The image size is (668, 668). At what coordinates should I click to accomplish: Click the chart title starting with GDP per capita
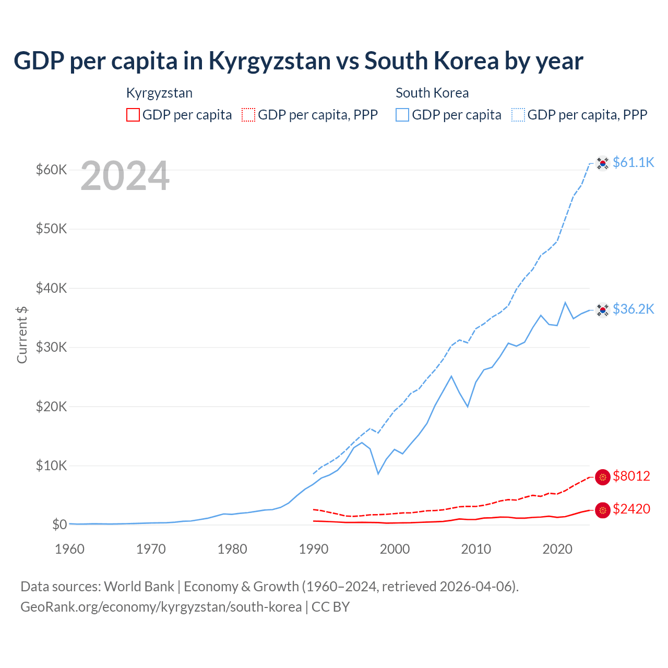coord(298,61)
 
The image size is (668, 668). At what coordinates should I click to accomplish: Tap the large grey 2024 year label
coord(125,176)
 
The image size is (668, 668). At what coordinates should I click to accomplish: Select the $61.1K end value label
coord(633,162)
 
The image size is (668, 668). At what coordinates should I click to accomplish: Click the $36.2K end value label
coord(633,309)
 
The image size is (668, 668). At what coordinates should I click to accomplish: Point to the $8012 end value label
coord(631,476)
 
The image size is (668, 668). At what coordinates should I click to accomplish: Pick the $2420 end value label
coord(631,509)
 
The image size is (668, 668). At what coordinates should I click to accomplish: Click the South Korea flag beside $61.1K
coord(603,163)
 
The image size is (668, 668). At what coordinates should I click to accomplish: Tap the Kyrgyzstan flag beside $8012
coord(603,477)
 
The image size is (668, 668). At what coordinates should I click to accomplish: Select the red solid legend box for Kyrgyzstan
coord(133,115)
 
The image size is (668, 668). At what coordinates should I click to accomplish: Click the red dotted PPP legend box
coord(248,115)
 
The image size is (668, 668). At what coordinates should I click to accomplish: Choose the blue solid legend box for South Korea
coord(402,115)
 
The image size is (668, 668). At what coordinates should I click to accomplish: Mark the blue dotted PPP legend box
coord(518,115)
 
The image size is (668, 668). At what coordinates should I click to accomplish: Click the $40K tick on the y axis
coord(51,288)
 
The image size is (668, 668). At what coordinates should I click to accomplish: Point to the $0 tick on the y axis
coord(59,524)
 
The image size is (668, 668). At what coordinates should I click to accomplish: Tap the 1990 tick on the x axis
coord(314,549)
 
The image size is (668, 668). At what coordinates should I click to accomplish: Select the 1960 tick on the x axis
coord(69,549)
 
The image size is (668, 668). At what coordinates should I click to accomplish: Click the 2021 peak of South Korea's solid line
coord(565,302)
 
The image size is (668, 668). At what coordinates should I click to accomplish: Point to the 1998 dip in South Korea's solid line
coord(378,473)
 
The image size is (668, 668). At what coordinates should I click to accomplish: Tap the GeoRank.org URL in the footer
coord(161,607)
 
